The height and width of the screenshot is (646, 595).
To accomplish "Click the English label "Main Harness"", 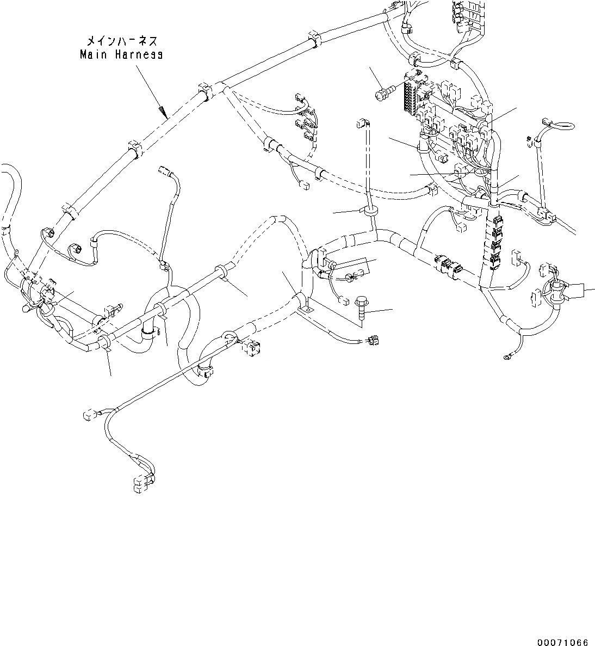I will [x=121, y=54].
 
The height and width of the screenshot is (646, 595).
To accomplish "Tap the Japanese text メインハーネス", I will [x=121, y=41].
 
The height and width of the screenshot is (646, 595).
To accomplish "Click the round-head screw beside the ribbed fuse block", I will [x=382, y=93].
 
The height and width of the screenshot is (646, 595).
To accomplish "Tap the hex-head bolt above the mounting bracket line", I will [x=361, y=308].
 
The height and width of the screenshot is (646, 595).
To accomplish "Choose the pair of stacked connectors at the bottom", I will [x=142, y=483].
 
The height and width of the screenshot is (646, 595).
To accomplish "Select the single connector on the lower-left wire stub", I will [x=87, y=416].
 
